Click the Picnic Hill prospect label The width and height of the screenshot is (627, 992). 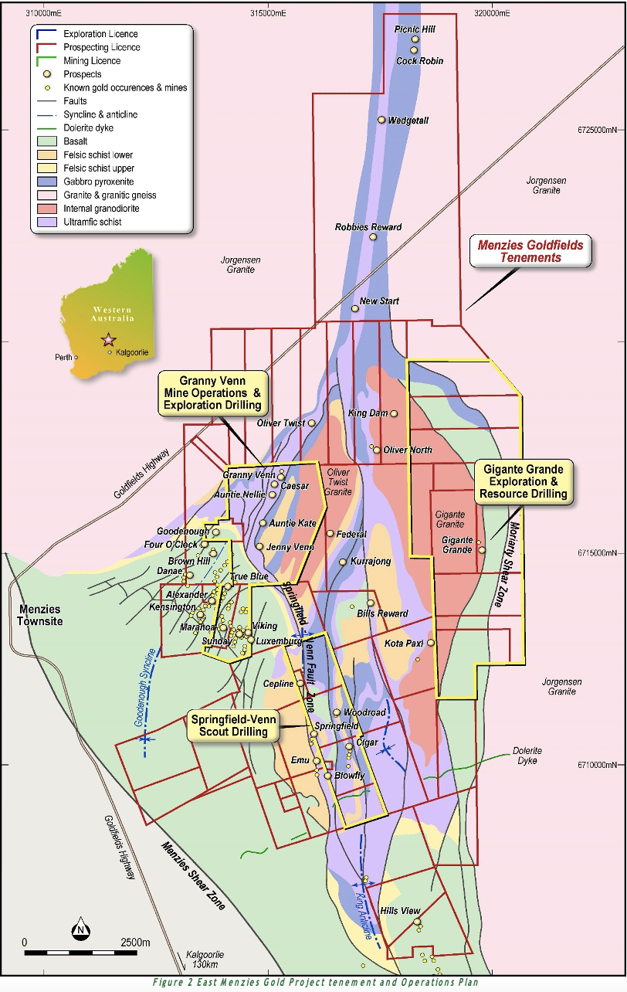(x=415, y=29)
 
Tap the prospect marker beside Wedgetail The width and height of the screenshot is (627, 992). (x=381, y=120)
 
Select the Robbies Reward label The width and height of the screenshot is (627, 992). (x=368, y=227)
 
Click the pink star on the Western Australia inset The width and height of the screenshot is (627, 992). (x=108, y=340)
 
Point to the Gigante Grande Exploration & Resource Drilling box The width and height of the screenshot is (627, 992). (x=524, y=481)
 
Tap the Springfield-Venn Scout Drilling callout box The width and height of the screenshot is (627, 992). (x=231, y=725)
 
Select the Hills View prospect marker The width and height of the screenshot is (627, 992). (x=417, y=922)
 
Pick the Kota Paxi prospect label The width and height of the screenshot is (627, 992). (x=404, y=643)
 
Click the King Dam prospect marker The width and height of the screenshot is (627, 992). (x=394, y=414)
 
